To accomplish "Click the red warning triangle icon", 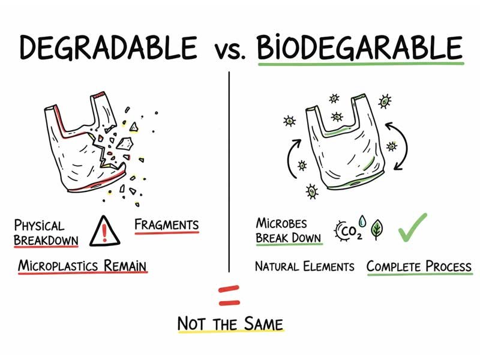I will (x=104, y=230).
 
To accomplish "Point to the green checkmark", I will (x=412, y=227).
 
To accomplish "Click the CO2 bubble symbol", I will (x=346, y=229).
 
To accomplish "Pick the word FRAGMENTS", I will (x=166, y=225).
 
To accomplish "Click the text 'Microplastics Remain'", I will (x=82, y=265).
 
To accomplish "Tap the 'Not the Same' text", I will (x=230, y=324).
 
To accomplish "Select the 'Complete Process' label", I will (x=419, y=266).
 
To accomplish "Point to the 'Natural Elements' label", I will (x=304, y=266).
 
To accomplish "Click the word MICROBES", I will (x=281, y=223).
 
